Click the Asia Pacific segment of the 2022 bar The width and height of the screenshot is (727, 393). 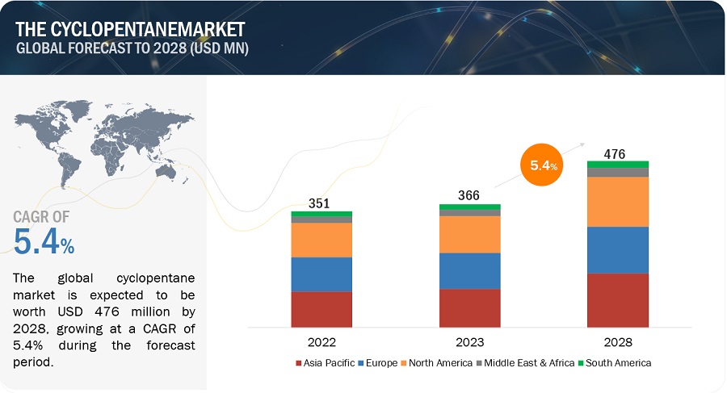click(321, 309)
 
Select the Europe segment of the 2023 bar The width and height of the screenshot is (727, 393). click(469, 270)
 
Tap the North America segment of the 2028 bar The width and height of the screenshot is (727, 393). click(618, 202)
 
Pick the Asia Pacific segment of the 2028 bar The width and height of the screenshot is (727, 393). click(618, 299)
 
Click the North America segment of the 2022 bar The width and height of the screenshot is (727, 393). click(321, 240)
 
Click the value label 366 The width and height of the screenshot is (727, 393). click(469, 195)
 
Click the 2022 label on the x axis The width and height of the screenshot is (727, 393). click(321, 342)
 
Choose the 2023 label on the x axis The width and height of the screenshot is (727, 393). click(469, 342)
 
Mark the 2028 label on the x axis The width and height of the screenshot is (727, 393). click(618, 342)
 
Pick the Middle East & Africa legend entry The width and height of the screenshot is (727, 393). click(527, 363)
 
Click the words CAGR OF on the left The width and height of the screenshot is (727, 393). click(41, 216)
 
